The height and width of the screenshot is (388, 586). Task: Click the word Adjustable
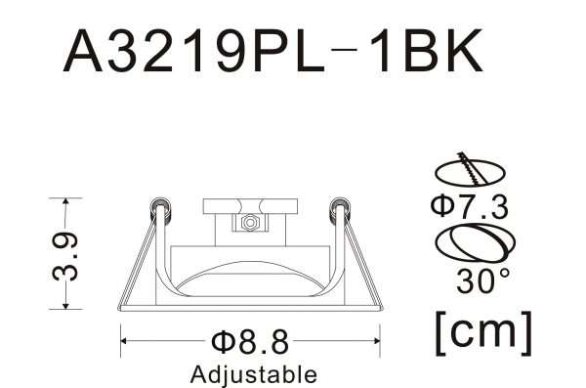tap(253, 373)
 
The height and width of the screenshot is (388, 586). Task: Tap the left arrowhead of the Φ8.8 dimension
tap(125, 341)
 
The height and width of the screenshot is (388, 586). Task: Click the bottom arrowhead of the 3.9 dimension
tap(64, 308)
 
